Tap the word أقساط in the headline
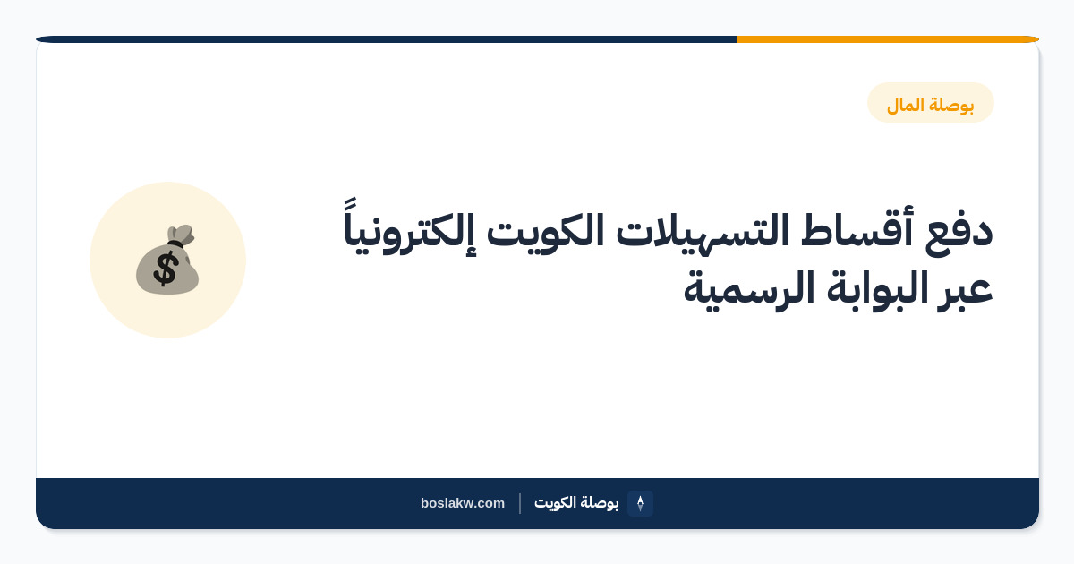(x=857, y=227)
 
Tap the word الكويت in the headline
(x=546, y=230)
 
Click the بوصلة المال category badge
(x=930, y=103)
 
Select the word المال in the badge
(x=905, y=104)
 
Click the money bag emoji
(x=167, y=260)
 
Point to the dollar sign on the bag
(x=166, y=269)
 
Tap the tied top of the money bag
(x=181, y=235)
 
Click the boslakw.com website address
(x=463, y=503)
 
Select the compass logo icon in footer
(x=640, y=503)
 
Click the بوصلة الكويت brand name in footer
(x=576, y=502)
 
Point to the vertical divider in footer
(x=520, y=503)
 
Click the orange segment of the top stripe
(x=888, y=39)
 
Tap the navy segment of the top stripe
(x=387, y=39)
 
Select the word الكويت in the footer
(x=555, y=502)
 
